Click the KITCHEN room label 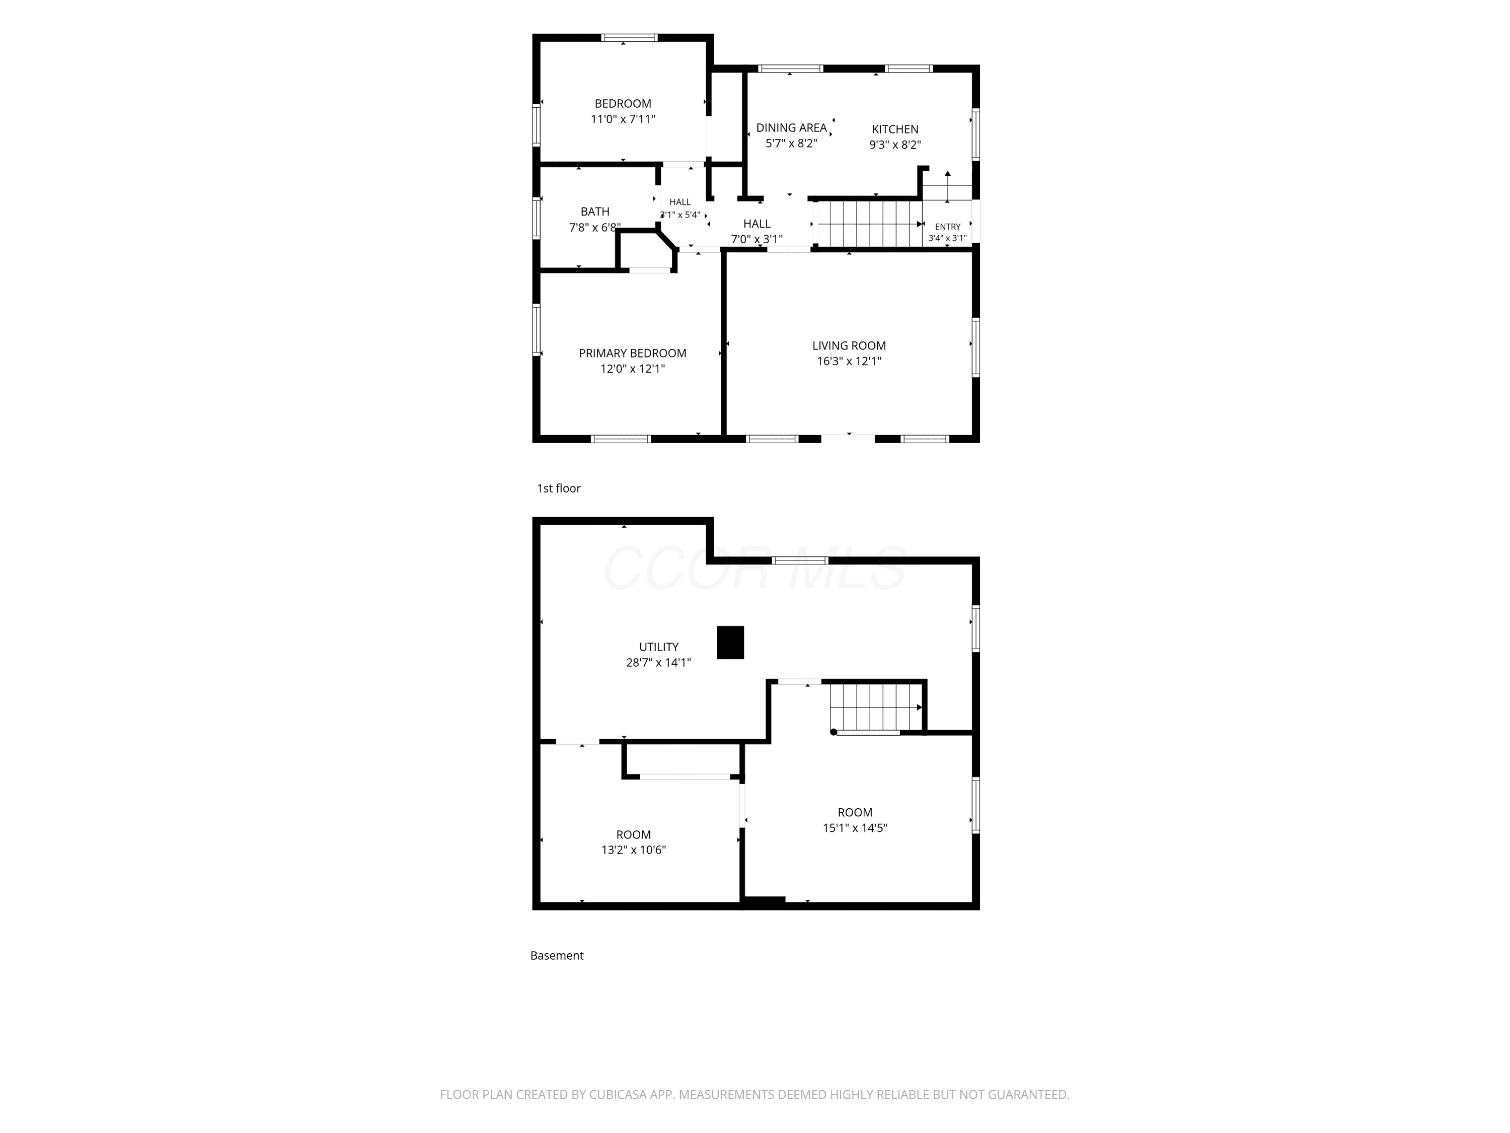(895, 129)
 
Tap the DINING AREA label (791, 128)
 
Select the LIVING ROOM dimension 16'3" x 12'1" (849, 361)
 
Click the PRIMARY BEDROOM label (632, 353)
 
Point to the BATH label (594, 211)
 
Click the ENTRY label (947, 227)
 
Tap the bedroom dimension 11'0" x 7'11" (623, 119)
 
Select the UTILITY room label (659, 647)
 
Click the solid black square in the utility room (730, 643)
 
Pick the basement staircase (876, 707)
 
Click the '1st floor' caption (558, 488)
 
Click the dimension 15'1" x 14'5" (855, 828)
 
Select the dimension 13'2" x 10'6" (634, 851)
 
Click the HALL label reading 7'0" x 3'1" (757, 232)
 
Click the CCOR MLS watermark (755, 568)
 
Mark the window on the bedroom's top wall (629, 38)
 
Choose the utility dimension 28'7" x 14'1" (659, 663)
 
